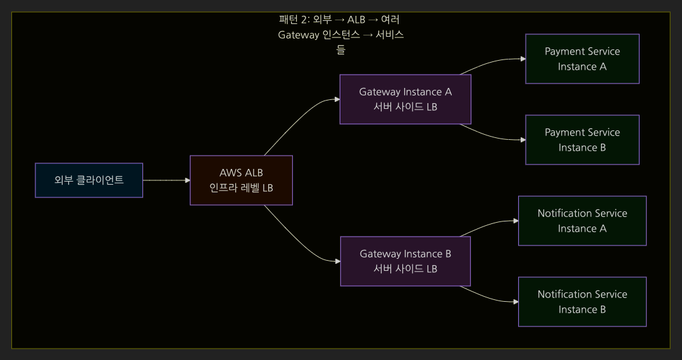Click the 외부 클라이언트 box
(89, 180)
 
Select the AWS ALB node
(241, 180)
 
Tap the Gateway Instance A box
(405, 99)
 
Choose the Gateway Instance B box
(405, 261)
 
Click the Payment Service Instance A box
(582, 59)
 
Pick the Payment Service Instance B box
(582, 140)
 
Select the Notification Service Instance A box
(582, 221)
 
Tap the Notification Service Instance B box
(582, 302)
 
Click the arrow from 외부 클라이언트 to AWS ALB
(166, 180)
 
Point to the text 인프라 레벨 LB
(241, 188)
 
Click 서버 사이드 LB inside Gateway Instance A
(405, 107)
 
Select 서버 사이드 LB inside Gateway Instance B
(405, 269)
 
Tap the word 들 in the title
(340, 49)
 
